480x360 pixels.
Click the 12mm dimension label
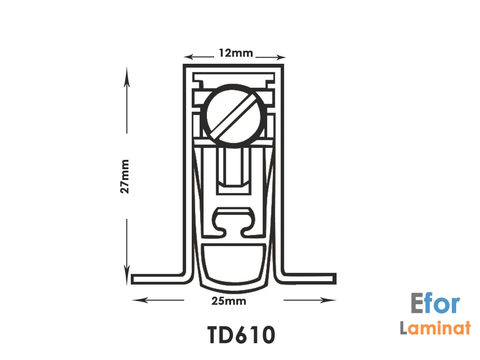click(236, 53)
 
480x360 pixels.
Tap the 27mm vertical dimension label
click(125, 176)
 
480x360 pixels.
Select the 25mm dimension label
click(229, 301)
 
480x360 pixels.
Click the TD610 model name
click(241, 335)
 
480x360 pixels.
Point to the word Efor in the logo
click(435, 303)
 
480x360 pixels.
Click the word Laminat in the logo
click(435, 327)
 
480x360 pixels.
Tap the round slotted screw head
click(233, 116)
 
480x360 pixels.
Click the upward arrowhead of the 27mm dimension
click(127, 76)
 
